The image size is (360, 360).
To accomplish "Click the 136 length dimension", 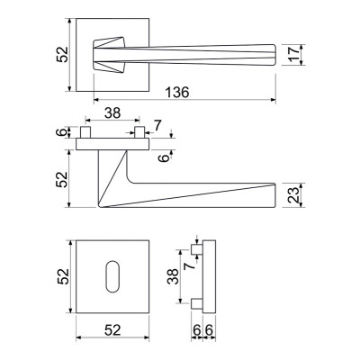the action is point(177,93).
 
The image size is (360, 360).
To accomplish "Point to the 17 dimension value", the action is point(294,54).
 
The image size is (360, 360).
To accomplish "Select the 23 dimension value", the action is point(294,195).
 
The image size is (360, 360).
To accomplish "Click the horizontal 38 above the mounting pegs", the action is point(112,113).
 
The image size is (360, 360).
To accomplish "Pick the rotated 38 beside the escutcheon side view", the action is point(174,276).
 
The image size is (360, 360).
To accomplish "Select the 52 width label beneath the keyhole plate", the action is point(112,330).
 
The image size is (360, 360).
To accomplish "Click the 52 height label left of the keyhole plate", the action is point(63,276).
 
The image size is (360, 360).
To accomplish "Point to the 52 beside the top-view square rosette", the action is point(63,55).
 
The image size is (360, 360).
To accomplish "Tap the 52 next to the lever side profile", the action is point(63,179).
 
